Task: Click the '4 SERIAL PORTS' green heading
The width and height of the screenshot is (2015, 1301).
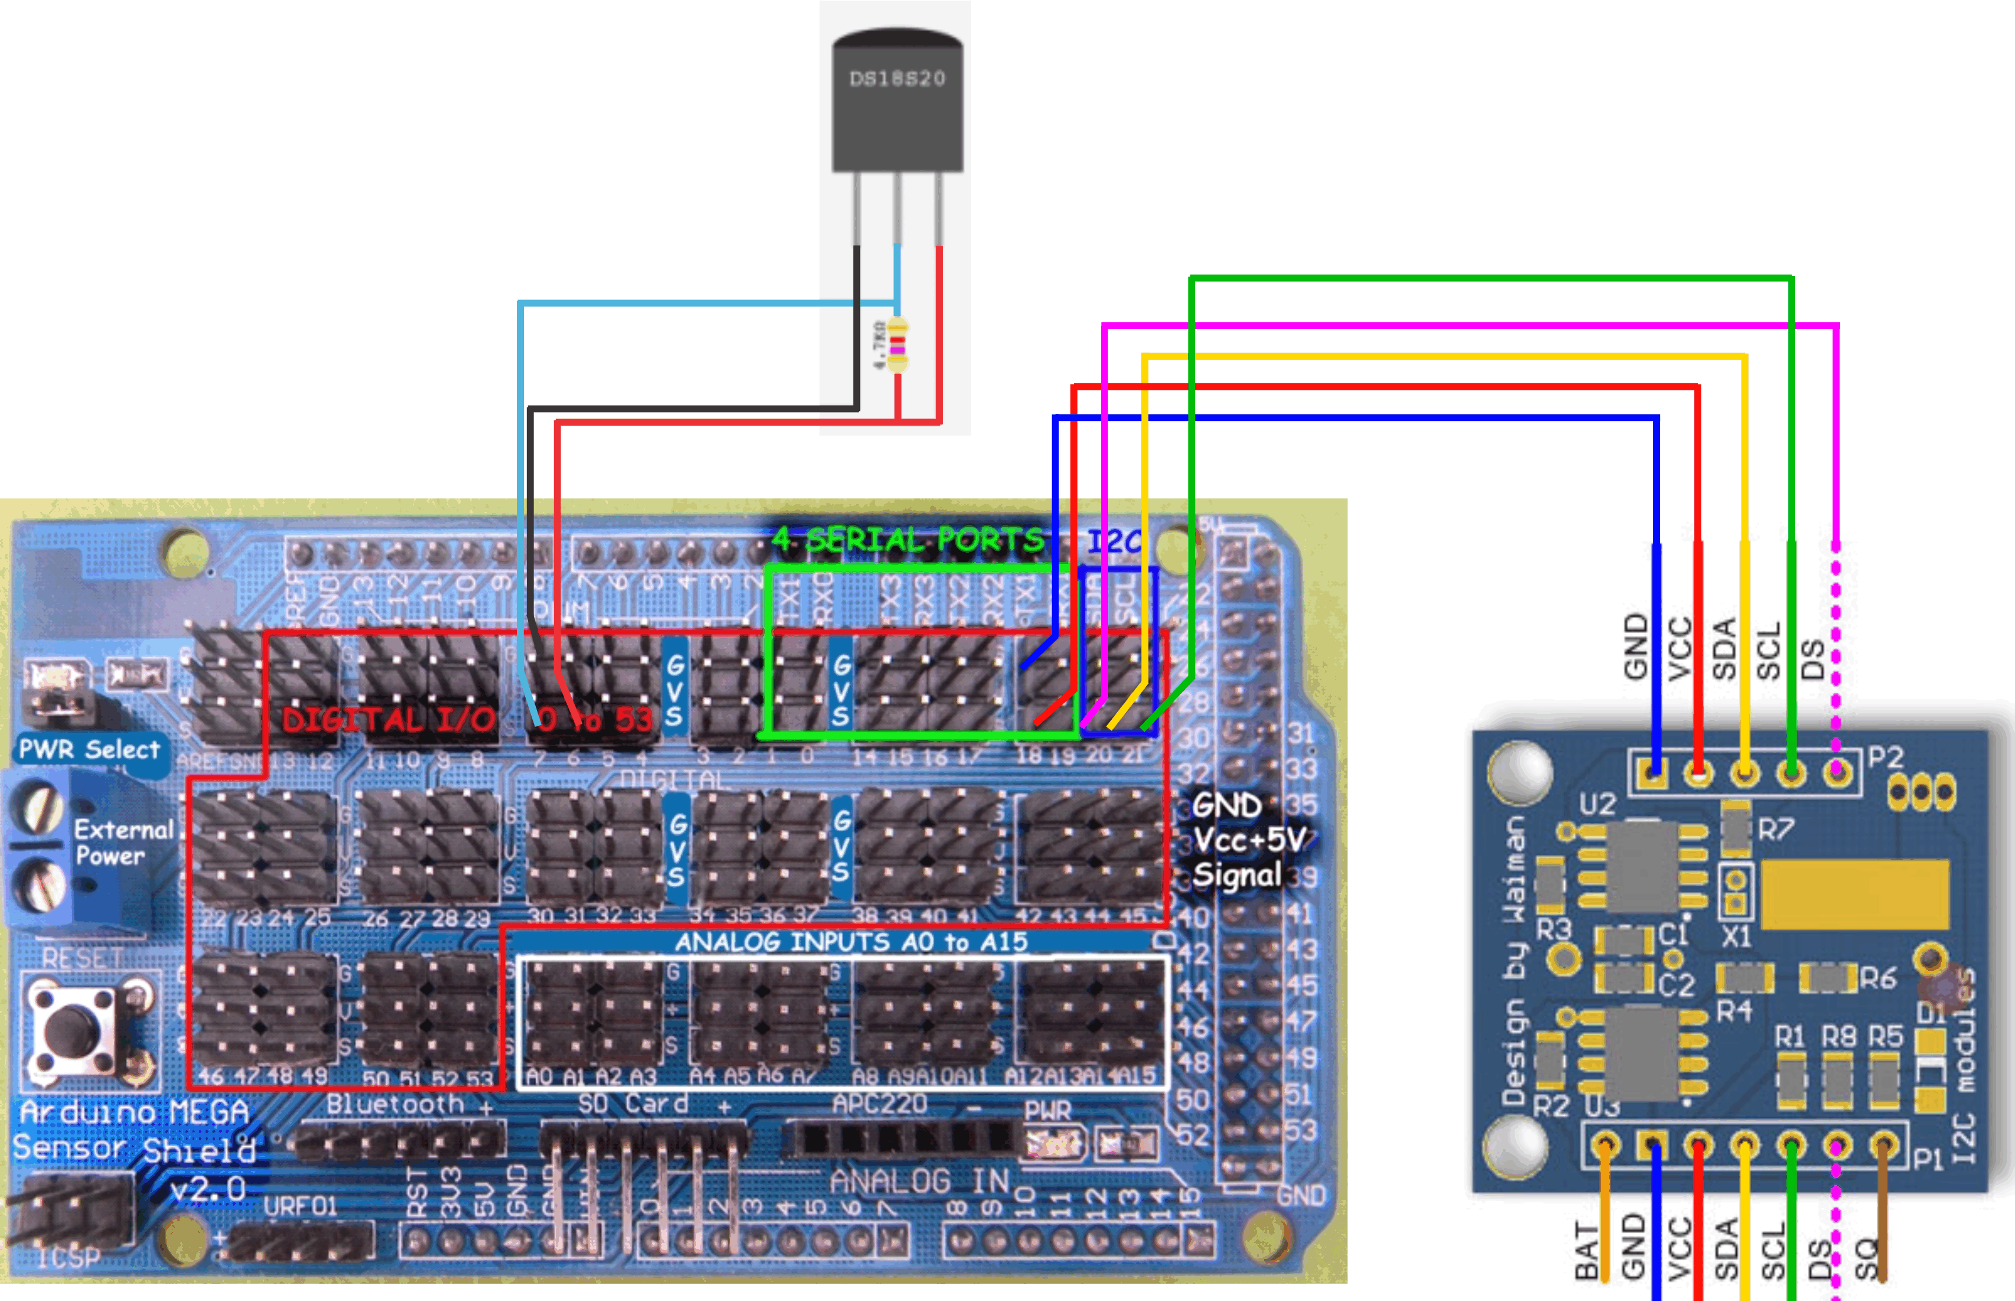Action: [x=908, y=539]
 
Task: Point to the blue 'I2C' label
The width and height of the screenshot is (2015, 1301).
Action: [x=1114, y=542]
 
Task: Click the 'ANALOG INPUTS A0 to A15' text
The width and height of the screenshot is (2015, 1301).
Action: [x=851, y=941]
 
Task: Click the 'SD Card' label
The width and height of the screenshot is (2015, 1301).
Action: [x=632, y=1103]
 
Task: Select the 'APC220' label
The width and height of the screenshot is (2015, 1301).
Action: [x=880, y=1103]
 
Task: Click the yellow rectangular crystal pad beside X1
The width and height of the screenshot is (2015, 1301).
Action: [x=1854, y=894]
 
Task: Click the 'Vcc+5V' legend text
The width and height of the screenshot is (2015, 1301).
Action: [x=1249, y=840]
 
